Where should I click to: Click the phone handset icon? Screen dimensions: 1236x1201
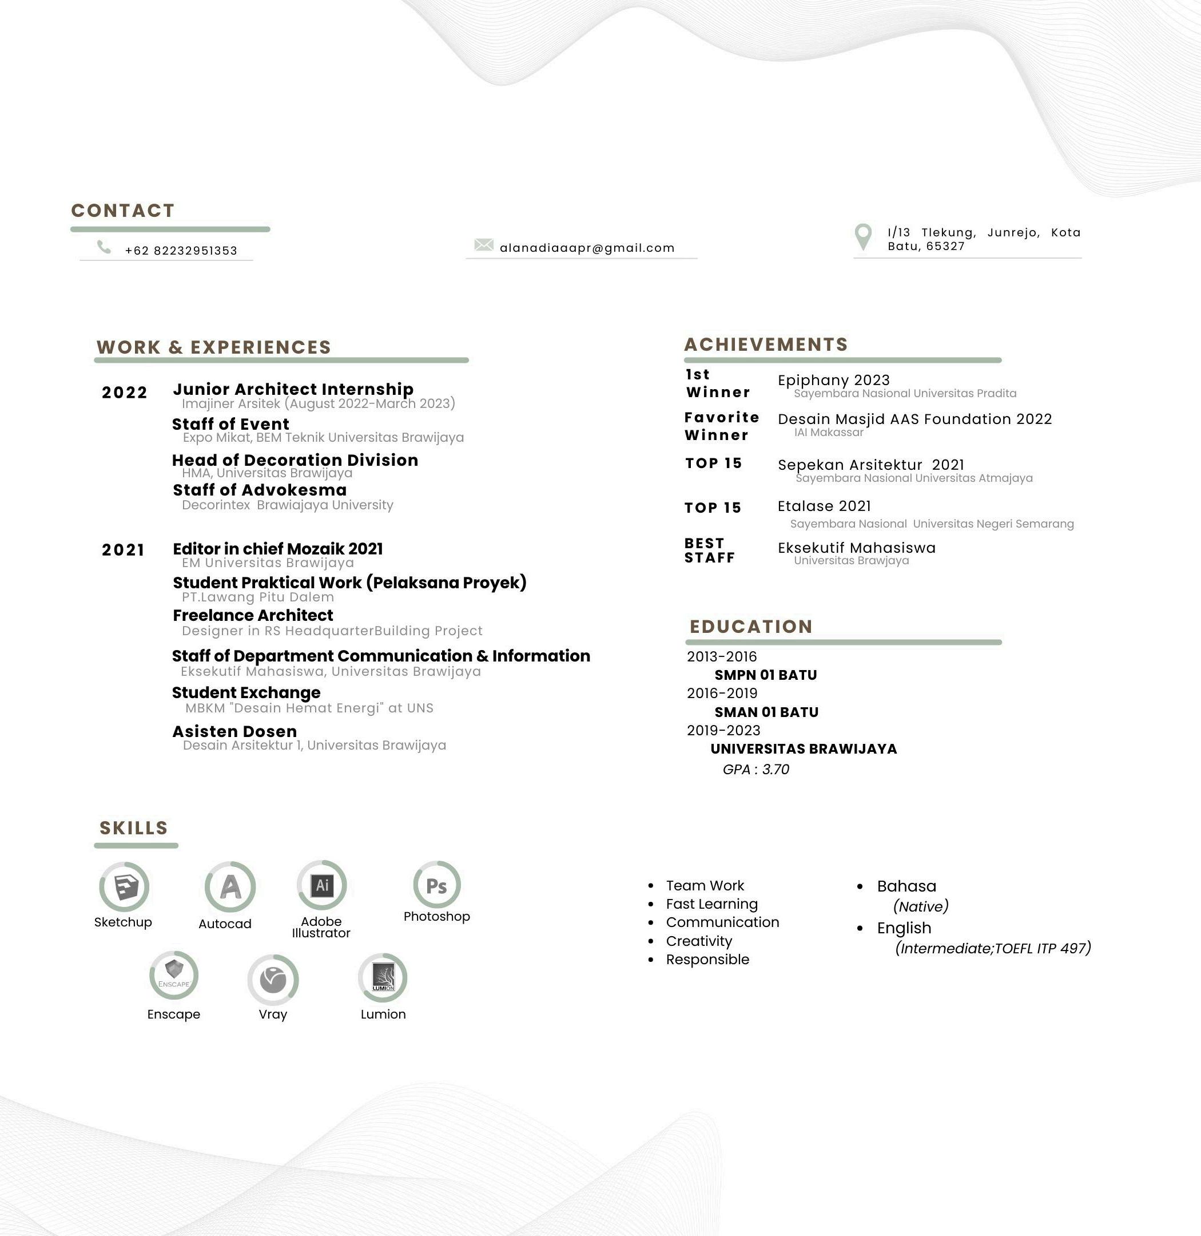[x=104, y=247]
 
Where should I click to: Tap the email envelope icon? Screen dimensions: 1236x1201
[x=484, y=244]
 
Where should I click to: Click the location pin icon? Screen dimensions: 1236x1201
[x=863, y=237]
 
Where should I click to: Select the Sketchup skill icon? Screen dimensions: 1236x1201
[x=124, y=886]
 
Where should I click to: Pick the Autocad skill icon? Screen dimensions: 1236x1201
[x=230, y=887]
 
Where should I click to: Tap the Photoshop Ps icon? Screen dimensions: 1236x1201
[x=436, y=885]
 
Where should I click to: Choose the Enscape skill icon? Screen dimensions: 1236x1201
[x=173, y=975]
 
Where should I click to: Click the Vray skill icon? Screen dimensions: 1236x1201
[x=273, y=979]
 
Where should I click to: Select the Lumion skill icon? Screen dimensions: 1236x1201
[x=383, y=977]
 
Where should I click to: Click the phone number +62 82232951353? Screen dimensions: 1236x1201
[x=181, y=251]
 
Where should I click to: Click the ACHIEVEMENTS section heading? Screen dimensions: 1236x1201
[x=766, y=344]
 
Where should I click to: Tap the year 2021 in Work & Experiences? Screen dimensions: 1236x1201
[x=123, y=550]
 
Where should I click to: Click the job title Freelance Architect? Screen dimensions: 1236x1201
[x=253, y=616]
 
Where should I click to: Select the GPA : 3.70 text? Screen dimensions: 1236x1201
[x=755, y=769]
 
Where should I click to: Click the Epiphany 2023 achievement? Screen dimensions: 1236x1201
[x=833, y=380]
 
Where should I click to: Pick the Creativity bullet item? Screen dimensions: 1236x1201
[x=699, y=941]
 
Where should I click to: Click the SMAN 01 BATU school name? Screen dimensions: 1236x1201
[x=766, y=712]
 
